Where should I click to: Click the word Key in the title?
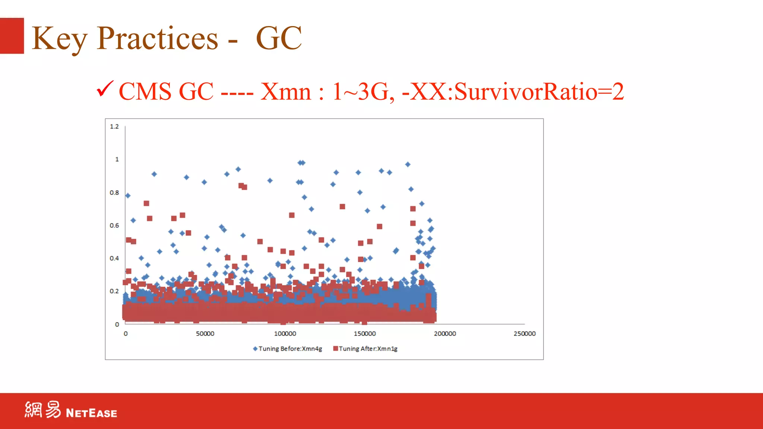60,39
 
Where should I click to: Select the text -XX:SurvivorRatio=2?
513,92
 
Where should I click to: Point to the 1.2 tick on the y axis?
114,127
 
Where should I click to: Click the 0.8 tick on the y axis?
114,193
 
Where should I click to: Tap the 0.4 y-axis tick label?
114,258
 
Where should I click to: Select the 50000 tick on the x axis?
205,334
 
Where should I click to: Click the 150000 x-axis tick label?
365,334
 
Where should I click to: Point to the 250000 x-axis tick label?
525,334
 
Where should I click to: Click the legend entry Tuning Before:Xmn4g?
290,349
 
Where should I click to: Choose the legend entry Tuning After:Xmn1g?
368,349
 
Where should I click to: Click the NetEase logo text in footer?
91,413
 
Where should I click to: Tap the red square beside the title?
12,36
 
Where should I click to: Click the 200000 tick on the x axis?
445,334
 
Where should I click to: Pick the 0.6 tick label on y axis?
114,225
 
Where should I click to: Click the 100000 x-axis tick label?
285,334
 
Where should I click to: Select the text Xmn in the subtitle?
285,92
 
